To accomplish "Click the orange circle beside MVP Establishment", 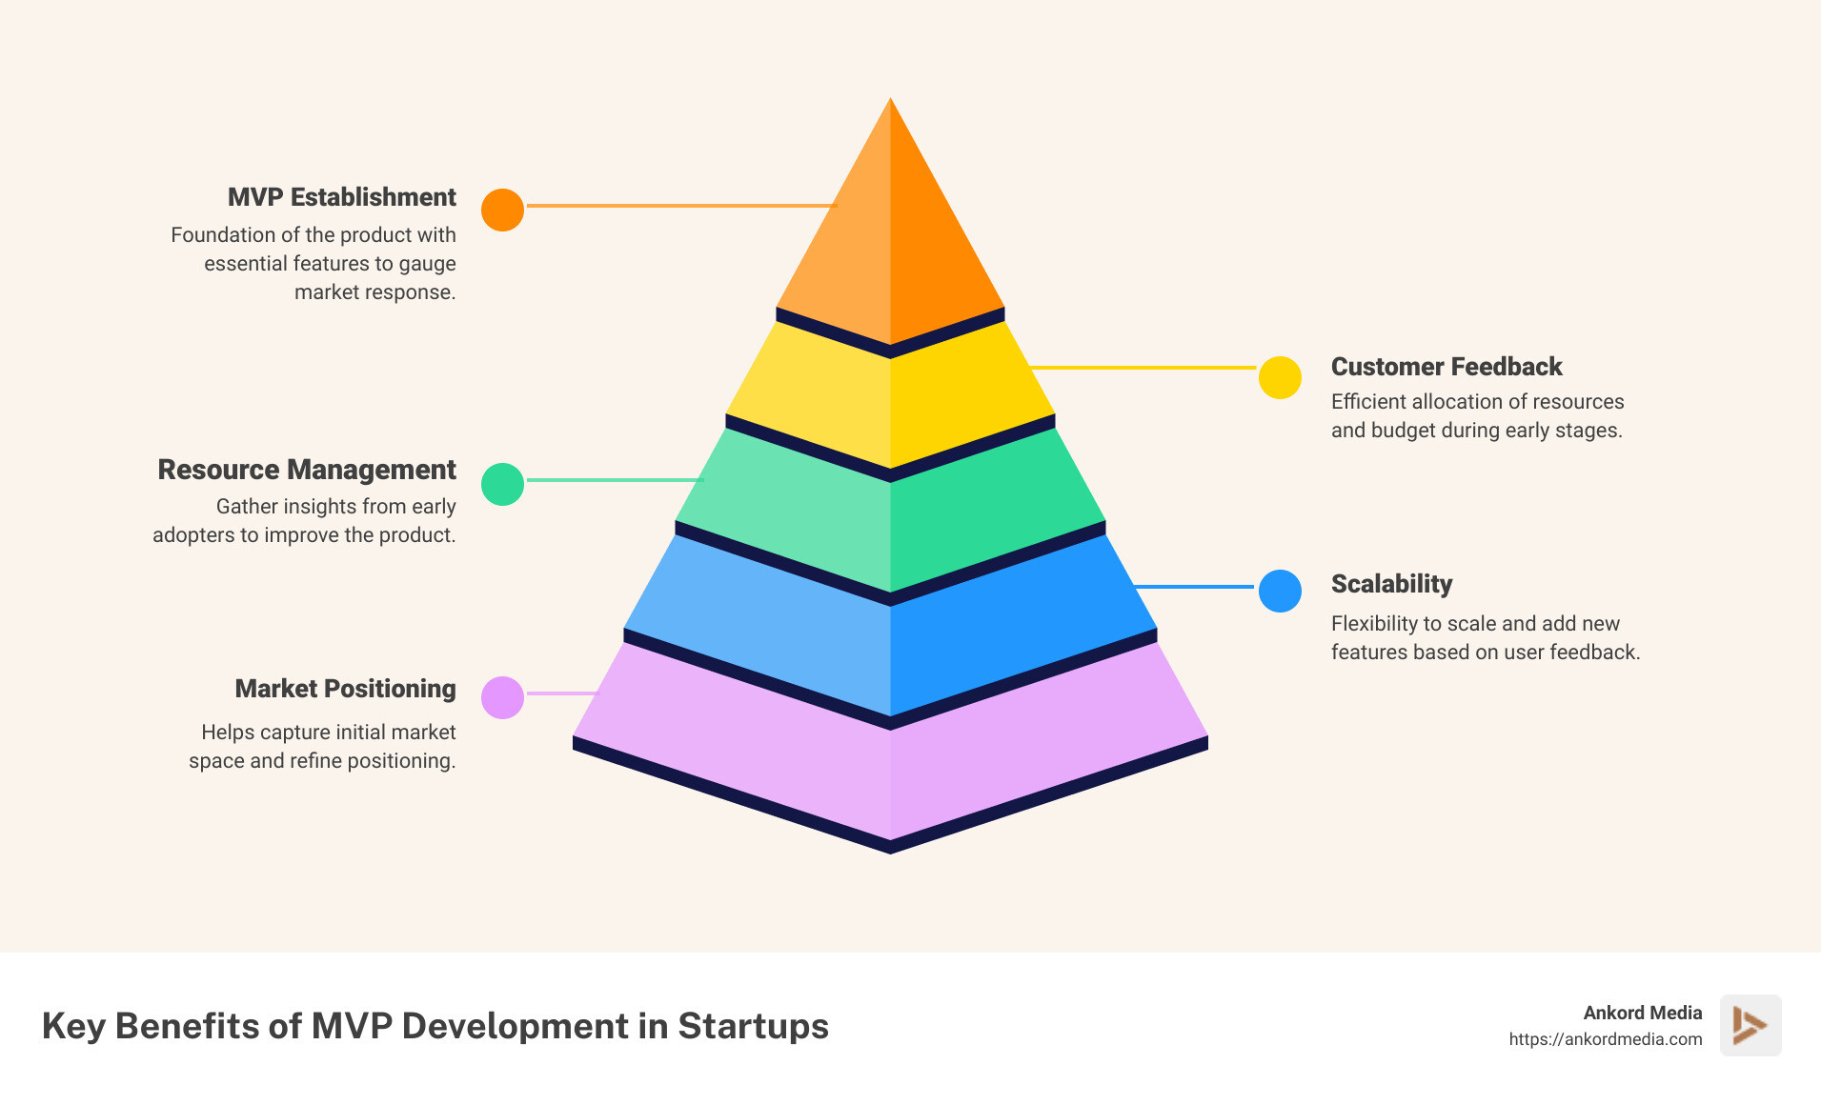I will (502, 210).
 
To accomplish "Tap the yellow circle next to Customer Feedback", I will (1280, 377).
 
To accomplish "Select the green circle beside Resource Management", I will (502, 484).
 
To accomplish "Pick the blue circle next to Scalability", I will (1280, 591).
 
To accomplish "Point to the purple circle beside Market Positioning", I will (502, 697).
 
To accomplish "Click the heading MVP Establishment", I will (341, 197).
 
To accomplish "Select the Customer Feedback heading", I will (1446, 367).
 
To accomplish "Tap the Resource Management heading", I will (306, 470).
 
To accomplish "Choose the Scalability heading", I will (1391, 584).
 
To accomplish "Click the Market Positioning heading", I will (345, 689).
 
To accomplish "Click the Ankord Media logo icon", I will (1750, 1025).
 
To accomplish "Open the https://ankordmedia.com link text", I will (1605, 1039).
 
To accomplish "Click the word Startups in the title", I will (753, 1026).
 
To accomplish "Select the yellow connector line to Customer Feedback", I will (1143, 367).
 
